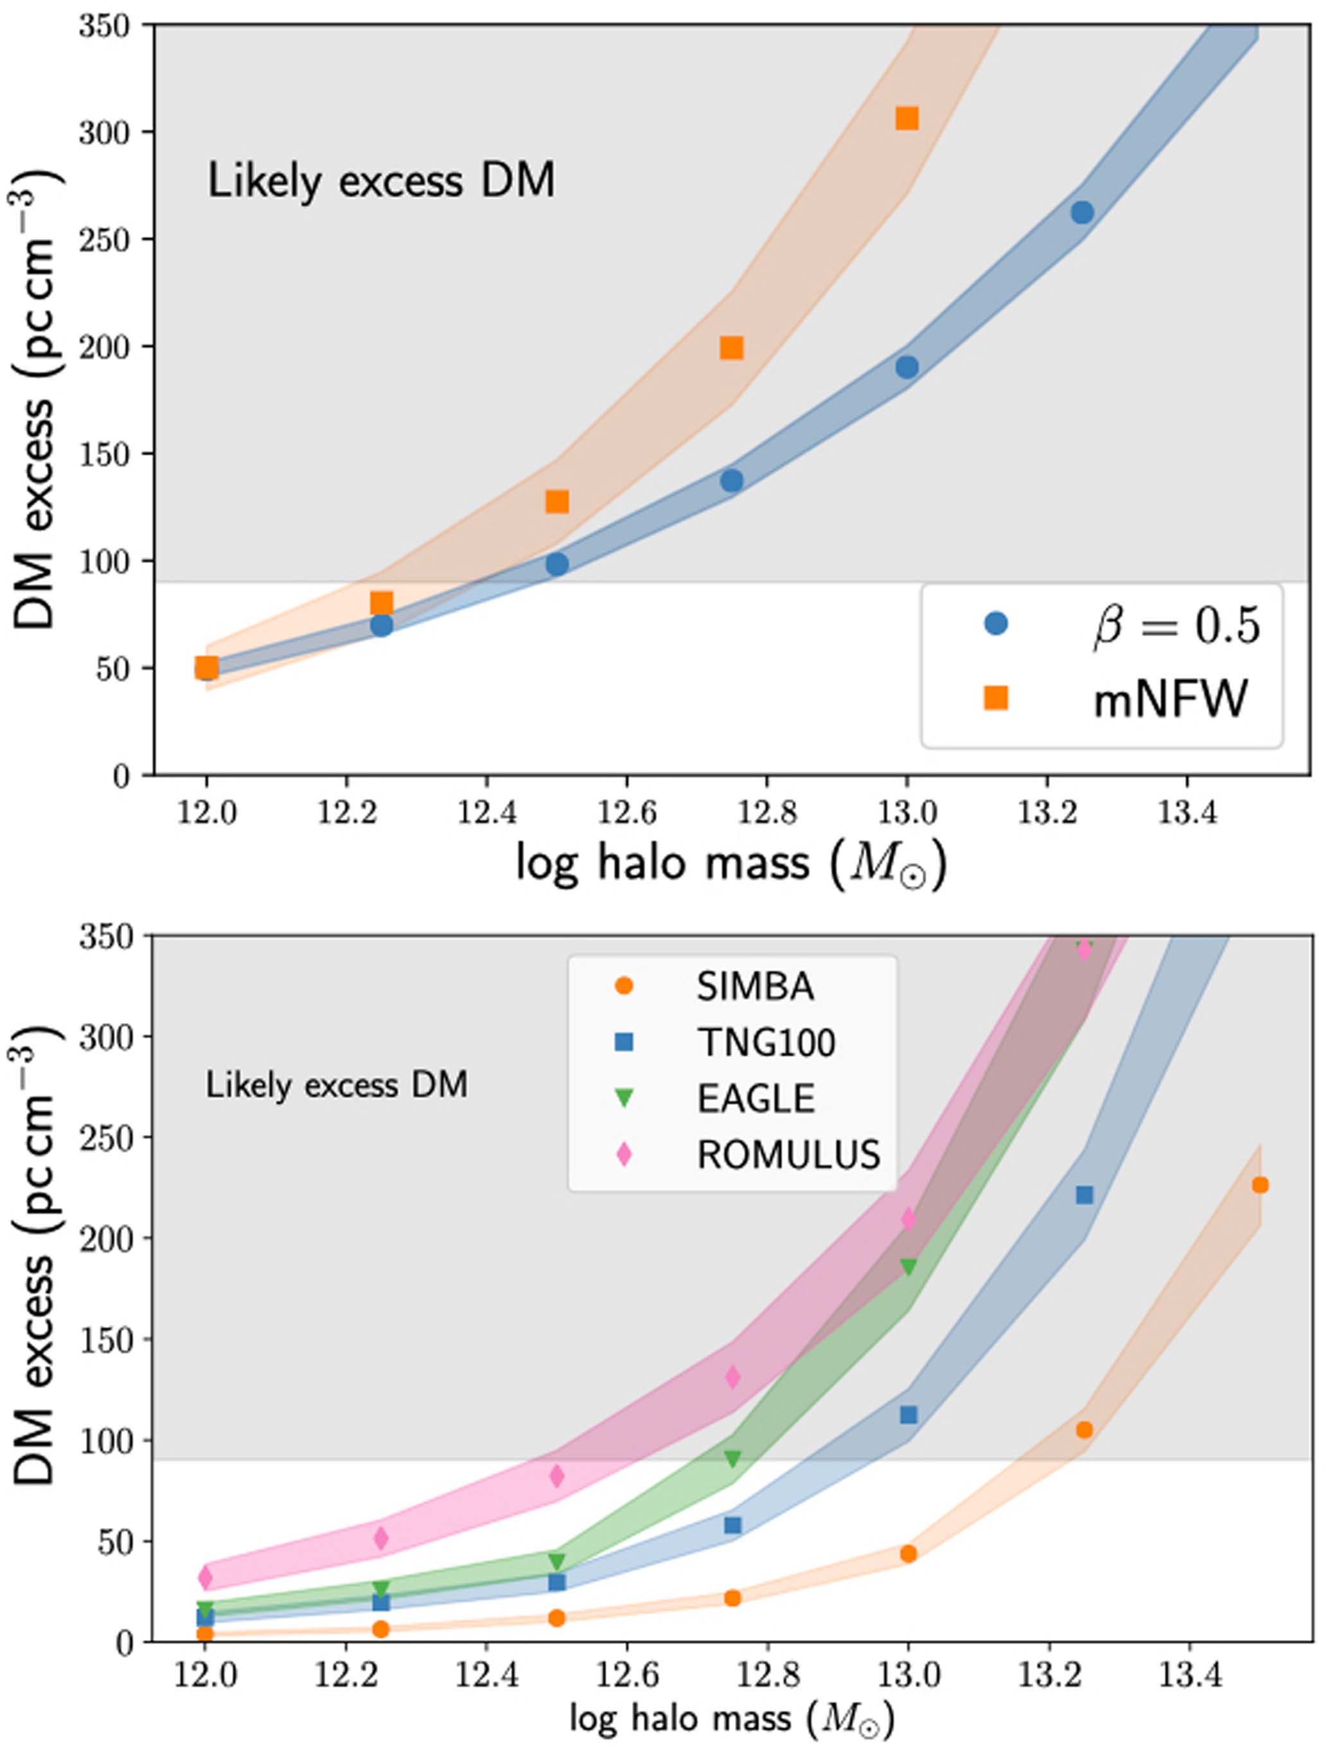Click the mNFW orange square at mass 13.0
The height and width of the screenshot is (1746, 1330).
907,119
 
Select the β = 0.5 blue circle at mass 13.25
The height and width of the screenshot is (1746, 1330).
1082,212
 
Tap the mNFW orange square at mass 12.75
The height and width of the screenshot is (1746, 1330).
731,348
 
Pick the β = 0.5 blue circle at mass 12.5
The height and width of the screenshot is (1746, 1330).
556,564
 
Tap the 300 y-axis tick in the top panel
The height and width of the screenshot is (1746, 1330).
103,132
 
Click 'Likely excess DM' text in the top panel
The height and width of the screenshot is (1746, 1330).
381,181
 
